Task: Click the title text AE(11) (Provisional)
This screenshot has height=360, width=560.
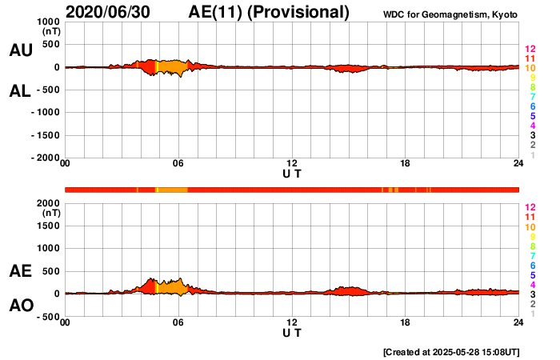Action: pyautogui.click(x=270, y=12)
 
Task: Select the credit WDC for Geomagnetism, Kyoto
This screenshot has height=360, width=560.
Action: pyautogui.click(x=450, y=14)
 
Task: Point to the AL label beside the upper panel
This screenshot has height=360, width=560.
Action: pyautogui.click(x=21, y=92)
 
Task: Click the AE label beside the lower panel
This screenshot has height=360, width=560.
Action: pyautogui.click(x=21, y=271)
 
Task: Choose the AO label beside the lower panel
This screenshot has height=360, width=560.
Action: pyautogui.click(x=21, y=306)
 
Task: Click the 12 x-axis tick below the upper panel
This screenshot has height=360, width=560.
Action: pyautogui.click(x=292, y=164)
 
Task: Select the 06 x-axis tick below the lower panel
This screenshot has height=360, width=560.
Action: pyautogui.click(x=178, y=322)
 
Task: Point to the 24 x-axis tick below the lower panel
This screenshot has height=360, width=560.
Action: pyautogui.click(x=518, y=322)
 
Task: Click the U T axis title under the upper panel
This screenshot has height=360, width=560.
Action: pyautogui.click(x=292, y=174)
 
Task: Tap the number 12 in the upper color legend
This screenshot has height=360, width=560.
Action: pyautogui.click(x=529, y=50)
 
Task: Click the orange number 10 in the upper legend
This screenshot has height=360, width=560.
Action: pyautogui.click(x=529, y=69)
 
